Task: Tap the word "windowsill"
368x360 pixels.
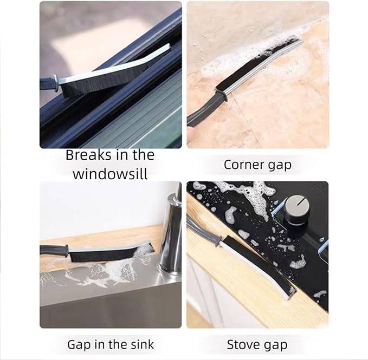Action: click(110, 174)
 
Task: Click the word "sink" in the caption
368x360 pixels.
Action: click(140, 344)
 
